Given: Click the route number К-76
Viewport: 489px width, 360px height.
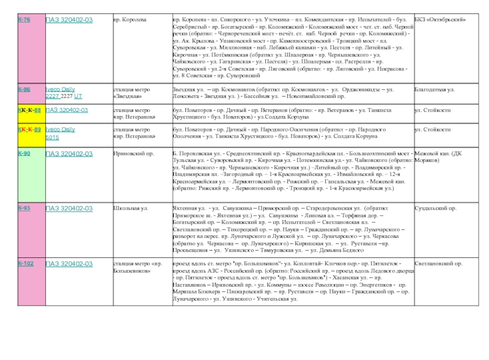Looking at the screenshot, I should (x=24, y=20).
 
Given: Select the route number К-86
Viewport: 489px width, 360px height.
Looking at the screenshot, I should (x=24, y=89).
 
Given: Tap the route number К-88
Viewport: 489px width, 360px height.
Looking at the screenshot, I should (x=30, y=111).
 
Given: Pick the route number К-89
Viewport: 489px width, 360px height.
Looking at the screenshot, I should (x=30, y=130).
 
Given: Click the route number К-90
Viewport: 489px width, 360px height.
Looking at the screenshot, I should (x=24, y=153).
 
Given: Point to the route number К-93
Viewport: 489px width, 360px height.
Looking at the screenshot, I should (x=24, y=208).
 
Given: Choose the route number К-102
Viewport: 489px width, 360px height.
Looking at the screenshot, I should (x=26, y=263).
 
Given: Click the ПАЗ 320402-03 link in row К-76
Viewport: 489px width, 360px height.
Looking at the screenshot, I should (x=70, y=20).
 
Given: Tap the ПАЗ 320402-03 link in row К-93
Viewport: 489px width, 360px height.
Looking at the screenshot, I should (x=70, y=208).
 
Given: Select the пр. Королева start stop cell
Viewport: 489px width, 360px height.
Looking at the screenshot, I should (x=130, y=20).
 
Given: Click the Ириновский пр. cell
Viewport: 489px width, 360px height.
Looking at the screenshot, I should (x=133, y=153).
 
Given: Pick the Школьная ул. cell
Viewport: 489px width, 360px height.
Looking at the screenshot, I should (x=131, y=208).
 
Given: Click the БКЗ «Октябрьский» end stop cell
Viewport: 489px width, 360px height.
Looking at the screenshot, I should (x=438, y=20).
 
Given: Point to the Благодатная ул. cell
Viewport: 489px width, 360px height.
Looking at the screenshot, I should (x=435, y=89).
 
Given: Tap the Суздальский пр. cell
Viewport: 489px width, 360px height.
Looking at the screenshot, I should (x=436, y=208).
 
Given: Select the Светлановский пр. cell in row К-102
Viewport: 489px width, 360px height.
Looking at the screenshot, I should (x=438, y=263).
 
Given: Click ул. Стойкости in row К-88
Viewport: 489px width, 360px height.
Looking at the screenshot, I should (x=432, y=111).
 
